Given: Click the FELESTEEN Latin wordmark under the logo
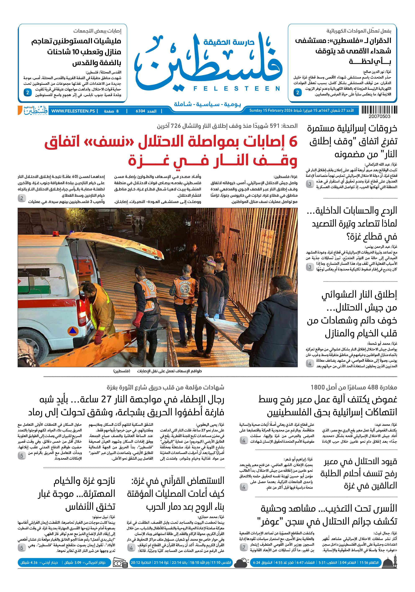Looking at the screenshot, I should pyautogui.click(x=237, y=89).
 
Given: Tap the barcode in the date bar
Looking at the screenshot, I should pyautogui.click(x=379, y=110).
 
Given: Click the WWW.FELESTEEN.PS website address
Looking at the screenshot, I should pyautogui.click(x=73, y=111).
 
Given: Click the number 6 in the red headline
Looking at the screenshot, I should pyautogui.click(x=293, y=142).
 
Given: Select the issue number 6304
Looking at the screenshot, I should pyautogui.click(x=140, y=111).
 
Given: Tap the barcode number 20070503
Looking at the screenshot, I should pyautogui.click(x=379, y=117).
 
